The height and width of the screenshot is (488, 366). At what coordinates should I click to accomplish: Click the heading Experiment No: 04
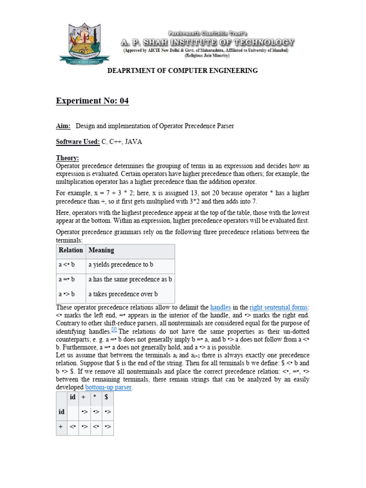(x=92, y=101)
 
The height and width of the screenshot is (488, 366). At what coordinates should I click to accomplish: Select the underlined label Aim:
(x=63, y=126)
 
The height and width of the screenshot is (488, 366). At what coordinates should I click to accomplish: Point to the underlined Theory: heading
(x=68, y=158)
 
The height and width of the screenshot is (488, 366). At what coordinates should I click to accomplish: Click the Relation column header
(x=71, y=250)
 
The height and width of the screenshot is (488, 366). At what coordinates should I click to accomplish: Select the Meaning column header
(x=101, y=250)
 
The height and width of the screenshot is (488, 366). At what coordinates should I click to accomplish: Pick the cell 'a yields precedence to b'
(x=121, y=264)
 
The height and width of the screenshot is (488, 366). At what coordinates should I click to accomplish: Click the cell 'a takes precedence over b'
(x=123, y=294)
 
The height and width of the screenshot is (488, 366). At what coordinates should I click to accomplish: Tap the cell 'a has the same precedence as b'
(x=130, y=280)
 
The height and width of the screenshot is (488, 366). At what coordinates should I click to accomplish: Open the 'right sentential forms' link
(x=278, y=307)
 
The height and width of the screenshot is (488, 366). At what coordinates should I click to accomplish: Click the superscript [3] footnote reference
(x=114, y=330)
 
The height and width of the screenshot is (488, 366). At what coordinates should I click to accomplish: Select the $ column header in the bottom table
(x=107, y=397)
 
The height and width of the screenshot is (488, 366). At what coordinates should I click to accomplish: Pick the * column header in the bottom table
(x=96, y=397)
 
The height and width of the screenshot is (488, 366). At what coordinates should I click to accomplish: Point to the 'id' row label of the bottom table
(x=61, y=412)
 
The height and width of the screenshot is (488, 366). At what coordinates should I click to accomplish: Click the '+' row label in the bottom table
(x=61, y=427)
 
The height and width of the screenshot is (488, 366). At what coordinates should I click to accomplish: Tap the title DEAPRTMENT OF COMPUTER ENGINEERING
(x=183, y=71)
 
